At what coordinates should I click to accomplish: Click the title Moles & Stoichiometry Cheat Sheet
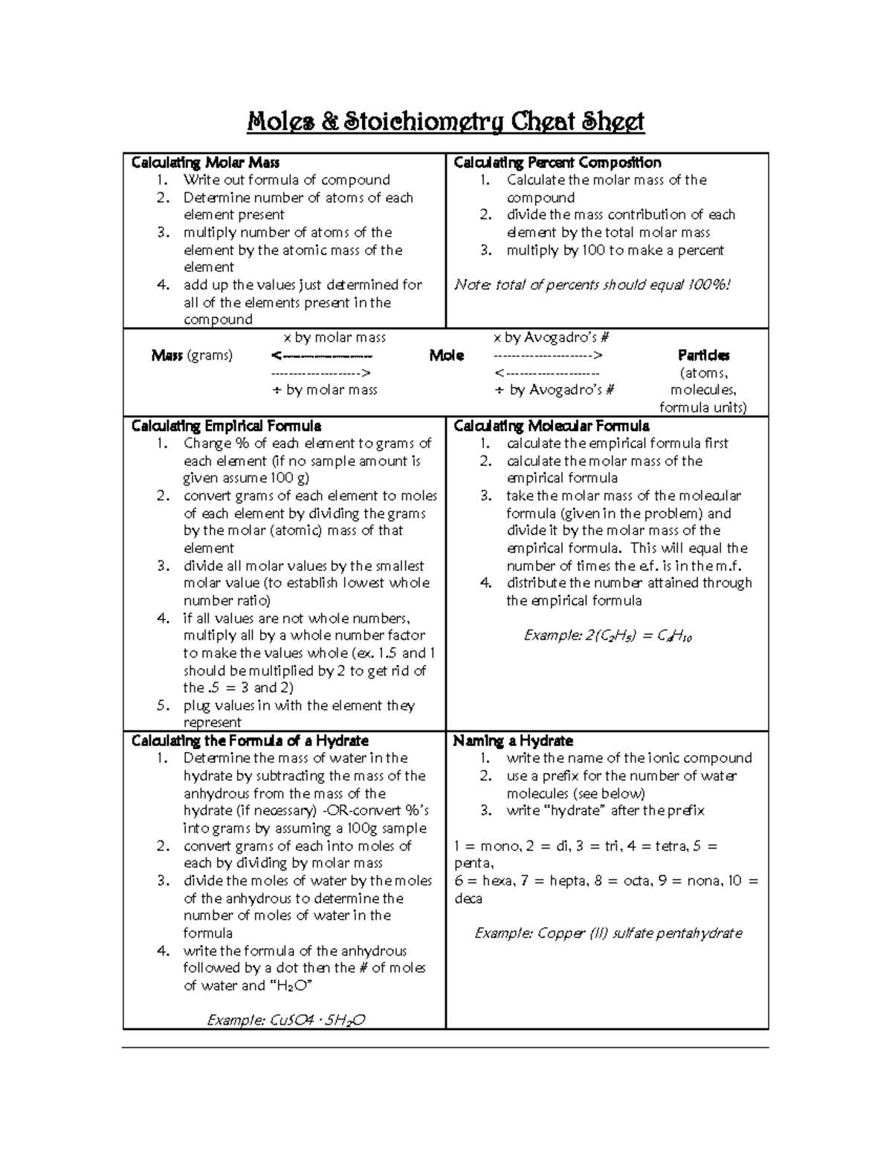(x=445, y=121)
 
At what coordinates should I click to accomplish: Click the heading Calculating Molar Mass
(x=205, y=163)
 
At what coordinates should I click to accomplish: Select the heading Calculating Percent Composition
(x=557, y=163)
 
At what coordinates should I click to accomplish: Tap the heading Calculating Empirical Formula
(x=226, y=426)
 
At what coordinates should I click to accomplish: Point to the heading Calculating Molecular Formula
(x=551, y=426)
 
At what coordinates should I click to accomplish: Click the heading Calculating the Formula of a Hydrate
(x=250, y=741)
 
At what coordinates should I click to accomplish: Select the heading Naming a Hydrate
(x=513, y=741)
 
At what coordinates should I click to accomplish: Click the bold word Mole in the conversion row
(x=446, y=356)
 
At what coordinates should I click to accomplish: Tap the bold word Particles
(x=703, y=356)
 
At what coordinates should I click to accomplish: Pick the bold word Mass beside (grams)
(x=167, y=356)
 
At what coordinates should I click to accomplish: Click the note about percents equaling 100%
(x=592, y=285)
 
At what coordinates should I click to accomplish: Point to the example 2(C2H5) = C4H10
(x=607, y=636)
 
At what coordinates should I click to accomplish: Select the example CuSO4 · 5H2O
(x=285, y=1020)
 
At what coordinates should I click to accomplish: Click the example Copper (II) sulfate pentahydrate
(x=608, y=933)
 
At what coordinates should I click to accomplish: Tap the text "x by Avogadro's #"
(x=551, y=338)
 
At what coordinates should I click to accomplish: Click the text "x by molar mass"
(x=329, y=338)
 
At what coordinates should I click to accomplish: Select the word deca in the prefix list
(x=468, y=898)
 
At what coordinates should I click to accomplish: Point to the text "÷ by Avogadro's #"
(x=555, y=390)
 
